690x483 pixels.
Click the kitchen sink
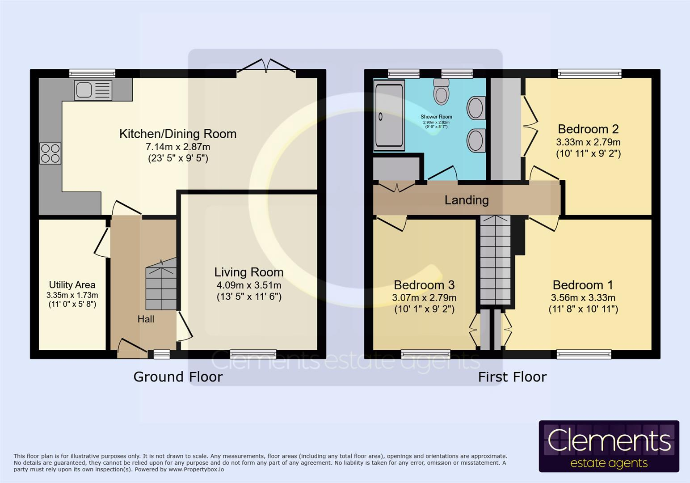click(93, 90)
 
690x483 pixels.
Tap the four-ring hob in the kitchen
click(50, 153)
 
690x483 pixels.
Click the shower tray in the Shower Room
click(389, 116)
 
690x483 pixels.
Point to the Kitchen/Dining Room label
click(177, 134)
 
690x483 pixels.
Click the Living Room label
click(248, 272)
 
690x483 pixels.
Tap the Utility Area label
click(72, 285)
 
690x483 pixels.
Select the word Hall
click(146, 319)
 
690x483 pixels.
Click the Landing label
click(467, 200)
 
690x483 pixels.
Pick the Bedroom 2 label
click(588, 129)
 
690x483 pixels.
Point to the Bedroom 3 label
click(424, 285)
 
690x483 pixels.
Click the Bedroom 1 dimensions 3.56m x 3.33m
click(583, 298)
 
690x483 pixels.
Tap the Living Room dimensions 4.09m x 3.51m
click(248, 285)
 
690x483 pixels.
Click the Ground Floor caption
click(178, 377)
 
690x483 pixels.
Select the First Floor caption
click(512, 377)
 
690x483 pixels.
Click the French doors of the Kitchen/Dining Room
click(266, 67)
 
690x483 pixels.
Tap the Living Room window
click(253, 354)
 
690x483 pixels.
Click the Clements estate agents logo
click(609, 446)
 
